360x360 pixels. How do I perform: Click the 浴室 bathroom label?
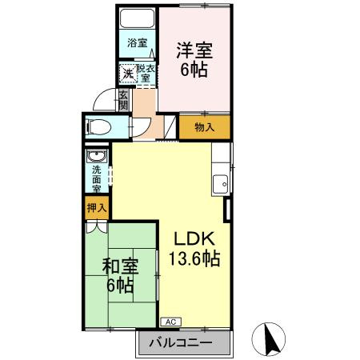[138, 43]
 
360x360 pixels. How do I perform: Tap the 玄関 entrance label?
[123, 102]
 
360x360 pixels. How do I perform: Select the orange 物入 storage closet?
[204, 126]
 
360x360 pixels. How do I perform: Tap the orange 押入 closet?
[97, 207]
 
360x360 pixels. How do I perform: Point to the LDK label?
[192, 238]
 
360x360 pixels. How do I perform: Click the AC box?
[170, 321]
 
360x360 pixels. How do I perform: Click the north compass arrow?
[270, 338]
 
